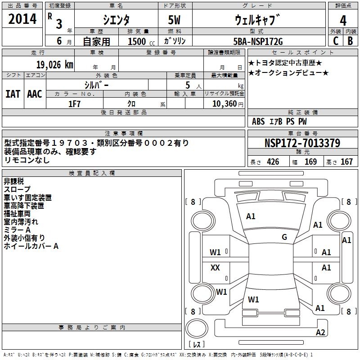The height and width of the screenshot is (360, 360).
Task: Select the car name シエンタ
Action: pos(116,20)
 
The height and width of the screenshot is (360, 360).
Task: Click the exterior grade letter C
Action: pos(336,41)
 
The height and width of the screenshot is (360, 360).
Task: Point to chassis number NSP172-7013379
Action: pos(302,144)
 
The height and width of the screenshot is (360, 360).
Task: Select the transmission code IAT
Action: pos(13,94)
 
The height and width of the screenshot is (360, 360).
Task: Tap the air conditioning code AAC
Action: pos(34,94)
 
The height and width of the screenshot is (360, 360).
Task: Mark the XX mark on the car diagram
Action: pos(215,268)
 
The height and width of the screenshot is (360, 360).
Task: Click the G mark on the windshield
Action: pos(284,237)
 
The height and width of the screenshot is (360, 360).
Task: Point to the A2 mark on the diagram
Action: pos(320,333)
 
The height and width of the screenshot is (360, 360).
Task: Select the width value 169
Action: pos(311,162)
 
